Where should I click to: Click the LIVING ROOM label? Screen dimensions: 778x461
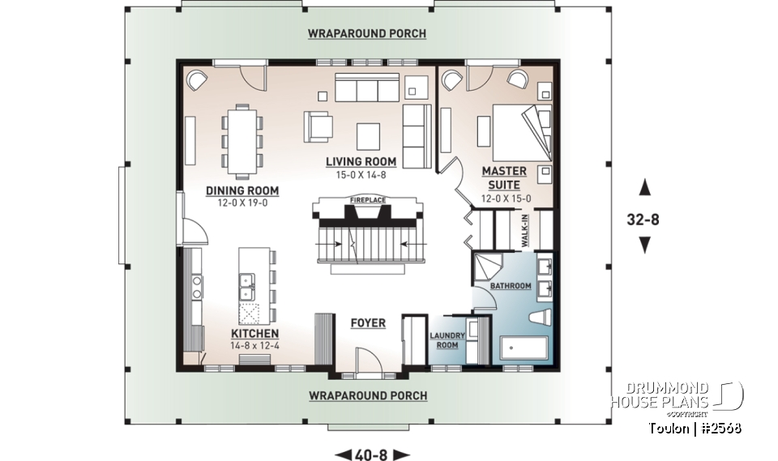tap(361, 161)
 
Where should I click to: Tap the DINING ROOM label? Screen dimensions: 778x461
tap(242, 190)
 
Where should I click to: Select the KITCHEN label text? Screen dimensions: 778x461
tap(255, 334)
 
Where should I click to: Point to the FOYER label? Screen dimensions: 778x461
tap(368, 323)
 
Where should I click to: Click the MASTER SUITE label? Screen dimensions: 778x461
tap(504, 178)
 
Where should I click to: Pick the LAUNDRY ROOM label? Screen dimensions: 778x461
tap(447, 340)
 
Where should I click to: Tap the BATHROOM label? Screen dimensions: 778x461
tap(511, 286)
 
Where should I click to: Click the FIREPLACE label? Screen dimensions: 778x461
tap(368, 200)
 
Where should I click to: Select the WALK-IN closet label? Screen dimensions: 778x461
tap(524, 231)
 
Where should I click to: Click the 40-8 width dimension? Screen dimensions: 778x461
tap(373, 455)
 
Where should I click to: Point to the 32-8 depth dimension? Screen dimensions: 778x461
tap(643, 219)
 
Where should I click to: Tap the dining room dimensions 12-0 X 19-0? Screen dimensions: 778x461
tap(242, 203)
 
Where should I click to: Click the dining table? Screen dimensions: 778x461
tap(242, 142)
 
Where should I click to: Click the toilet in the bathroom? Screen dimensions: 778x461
tap(541, 318)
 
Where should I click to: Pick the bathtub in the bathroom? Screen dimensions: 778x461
tap(524, 350)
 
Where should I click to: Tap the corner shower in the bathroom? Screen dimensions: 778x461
tap(488, 268)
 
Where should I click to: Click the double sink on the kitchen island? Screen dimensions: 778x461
tap(246, 287)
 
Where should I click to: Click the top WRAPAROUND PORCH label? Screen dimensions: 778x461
tap(366, 33)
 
